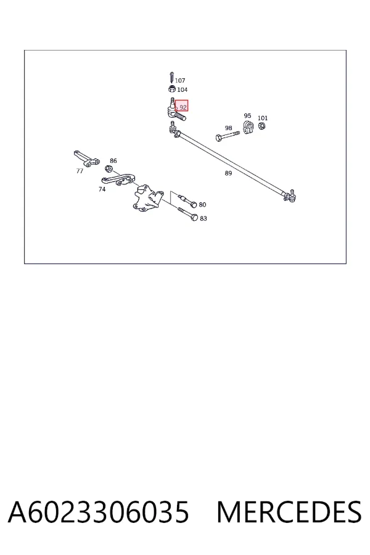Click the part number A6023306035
point(98,512)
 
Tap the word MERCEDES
point(289,512)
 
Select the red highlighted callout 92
point(182,106)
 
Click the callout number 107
point(180,81)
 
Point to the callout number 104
point(183,90)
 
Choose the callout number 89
point(228,173)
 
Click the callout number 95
point(247,116)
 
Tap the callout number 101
point(263,118)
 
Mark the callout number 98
point(228,128)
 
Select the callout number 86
point(113,161)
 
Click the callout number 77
point(80,171)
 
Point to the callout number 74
point(102,189)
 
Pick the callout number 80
point(202,205)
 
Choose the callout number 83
point(203,218)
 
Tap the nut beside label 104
point(172,88)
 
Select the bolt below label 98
point(228,136)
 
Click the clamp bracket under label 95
point(248,127)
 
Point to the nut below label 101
point(261,126)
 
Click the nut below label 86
point(109,168)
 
